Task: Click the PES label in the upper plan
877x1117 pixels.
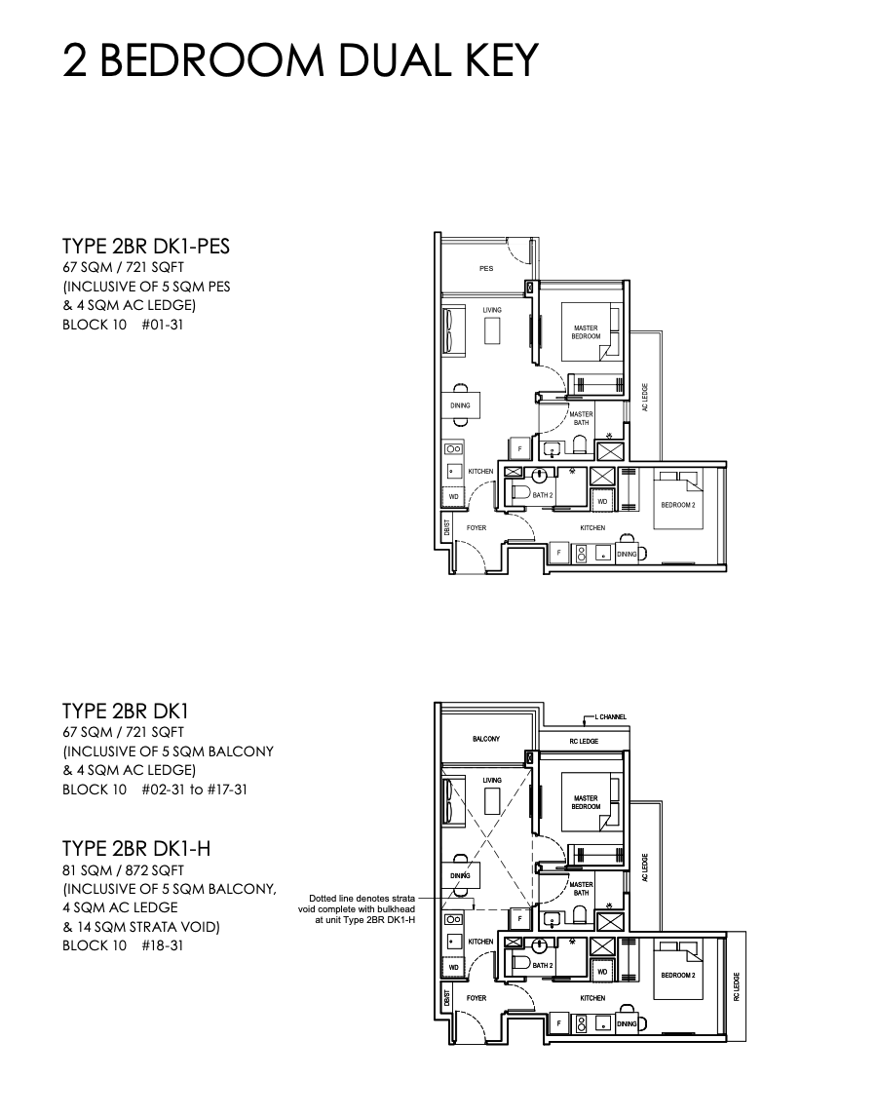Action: coord(486,269)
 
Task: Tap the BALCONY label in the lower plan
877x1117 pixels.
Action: coord(486,739)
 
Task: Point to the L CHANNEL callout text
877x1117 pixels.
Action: coord(611,716)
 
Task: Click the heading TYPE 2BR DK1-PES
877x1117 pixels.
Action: coord(146,246)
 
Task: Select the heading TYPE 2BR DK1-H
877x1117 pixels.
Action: coord(136,848)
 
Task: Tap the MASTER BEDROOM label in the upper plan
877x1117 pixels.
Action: coord(586,332)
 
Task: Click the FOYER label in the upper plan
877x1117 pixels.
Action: coord(477,528)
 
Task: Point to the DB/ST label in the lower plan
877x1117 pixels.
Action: coord(446,997)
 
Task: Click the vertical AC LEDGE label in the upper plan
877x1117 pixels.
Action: coord(645,398)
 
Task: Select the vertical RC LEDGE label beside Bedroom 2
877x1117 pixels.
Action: coord(736,986)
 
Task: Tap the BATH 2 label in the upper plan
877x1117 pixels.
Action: coord(543,495)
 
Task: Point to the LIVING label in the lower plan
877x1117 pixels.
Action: coord(492,780)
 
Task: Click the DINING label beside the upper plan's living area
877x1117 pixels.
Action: coord(460,405)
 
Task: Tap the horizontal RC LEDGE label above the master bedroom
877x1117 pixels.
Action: coord(584,742)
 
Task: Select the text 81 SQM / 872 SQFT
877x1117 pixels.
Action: coord(123,870)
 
